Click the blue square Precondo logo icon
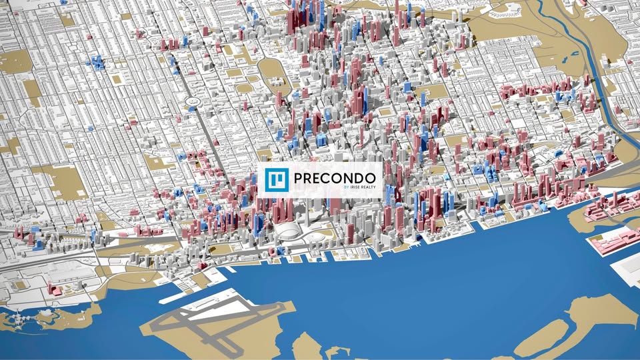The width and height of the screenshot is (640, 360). tap(275, 179)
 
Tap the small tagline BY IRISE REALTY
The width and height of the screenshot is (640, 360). tap(359, 188)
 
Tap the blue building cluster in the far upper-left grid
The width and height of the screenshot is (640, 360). tap(97, 63)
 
